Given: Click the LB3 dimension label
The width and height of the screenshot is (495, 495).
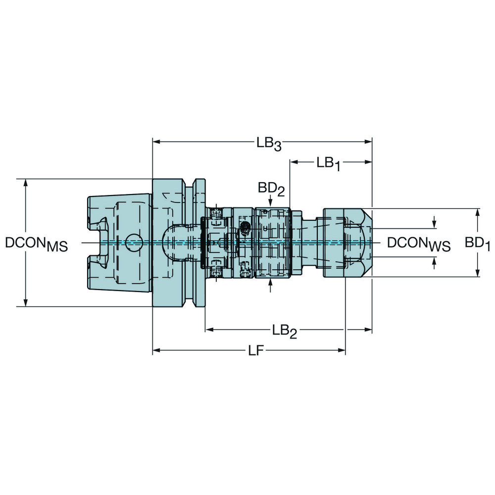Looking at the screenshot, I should [x=269, y=144].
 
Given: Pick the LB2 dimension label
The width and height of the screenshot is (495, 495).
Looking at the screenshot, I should [x=284, y=331].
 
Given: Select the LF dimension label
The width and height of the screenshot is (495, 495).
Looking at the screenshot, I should [x=255, y=351].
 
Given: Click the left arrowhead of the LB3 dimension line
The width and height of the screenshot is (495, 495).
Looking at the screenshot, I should [x=156, y=142].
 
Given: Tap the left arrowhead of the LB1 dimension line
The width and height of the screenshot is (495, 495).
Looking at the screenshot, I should [x=294, y=162].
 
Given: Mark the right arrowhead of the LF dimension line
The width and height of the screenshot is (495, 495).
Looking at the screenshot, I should [x=342, y=350].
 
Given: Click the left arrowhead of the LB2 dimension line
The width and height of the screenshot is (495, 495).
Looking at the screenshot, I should [x=209, y=329].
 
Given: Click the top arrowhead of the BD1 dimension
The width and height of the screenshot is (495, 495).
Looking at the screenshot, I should [x=478, y=212].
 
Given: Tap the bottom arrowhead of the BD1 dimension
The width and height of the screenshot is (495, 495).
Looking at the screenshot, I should [x=478, y=274].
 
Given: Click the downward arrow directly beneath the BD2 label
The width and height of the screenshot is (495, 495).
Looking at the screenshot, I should [x=270, y=201].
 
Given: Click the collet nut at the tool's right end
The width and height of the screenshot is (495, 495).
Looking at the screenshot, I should [x=346, y=243].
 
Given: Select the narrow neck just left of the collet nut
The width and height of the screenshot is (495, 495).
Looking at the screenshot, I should [x=312, y=243].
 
